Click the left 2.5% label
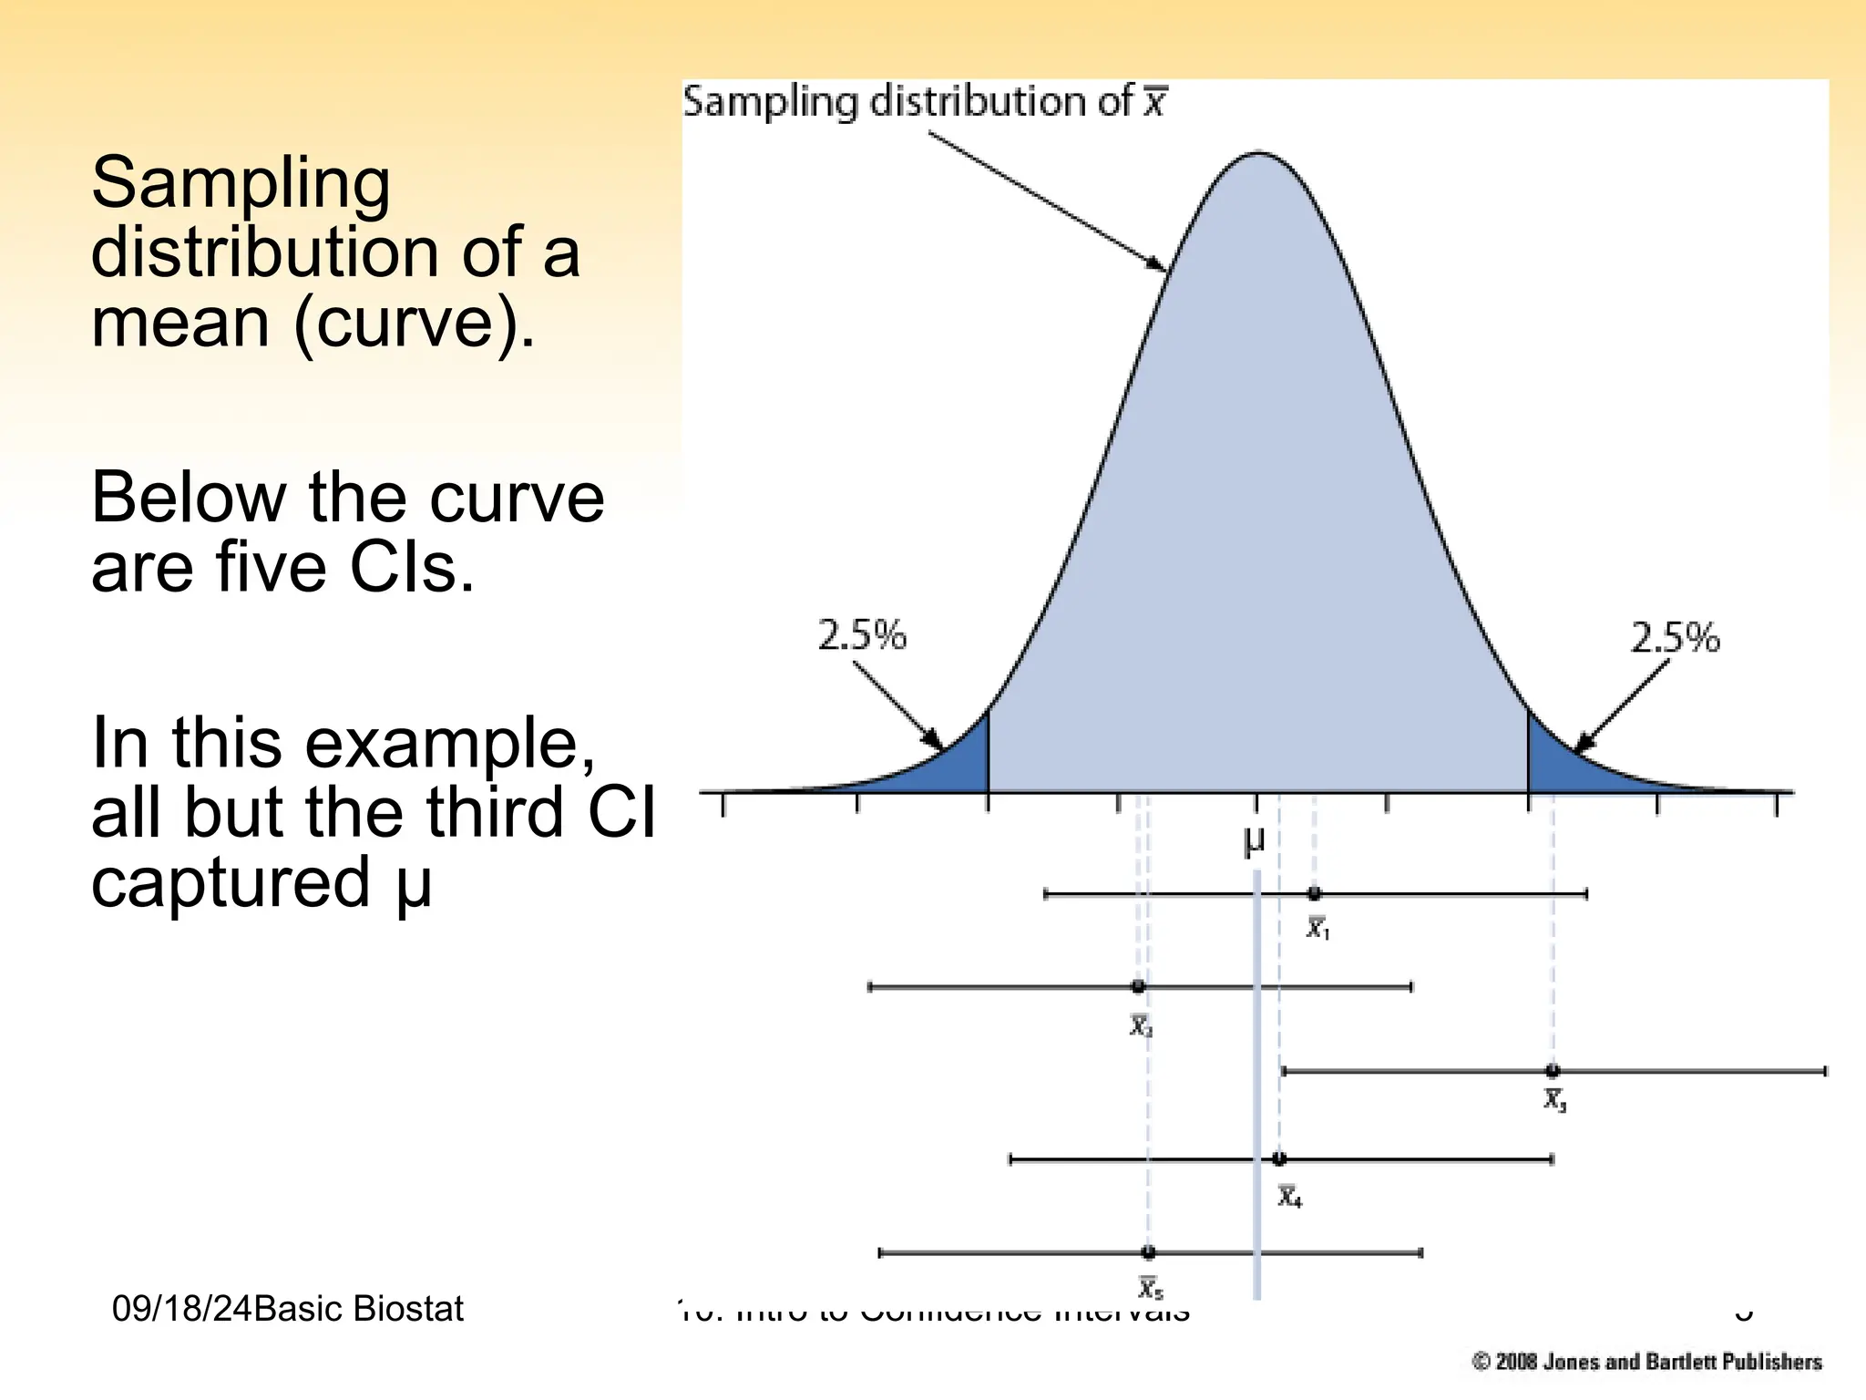(861, 635)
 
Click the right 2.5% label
(1675, 637)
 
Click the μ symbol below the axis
(1254, 840)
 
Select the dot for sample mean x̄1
(1314, 893)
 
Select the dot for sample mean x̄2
(1138, 986)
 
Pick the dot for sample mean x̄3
(1553, 1071)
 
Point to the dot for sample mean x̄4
(1279, 1158)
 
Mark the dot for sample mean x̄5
(1148, 1252)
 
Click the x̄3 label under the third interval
(1554, 1100)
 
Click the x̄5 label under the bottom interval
(1151, 1287)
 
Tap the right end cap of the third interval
(1825, 1071)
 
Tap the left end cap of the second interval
(870, 986)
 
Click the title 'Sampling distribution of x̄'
(924, 101)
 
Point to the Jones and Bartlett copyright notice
(1646, 1362)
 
